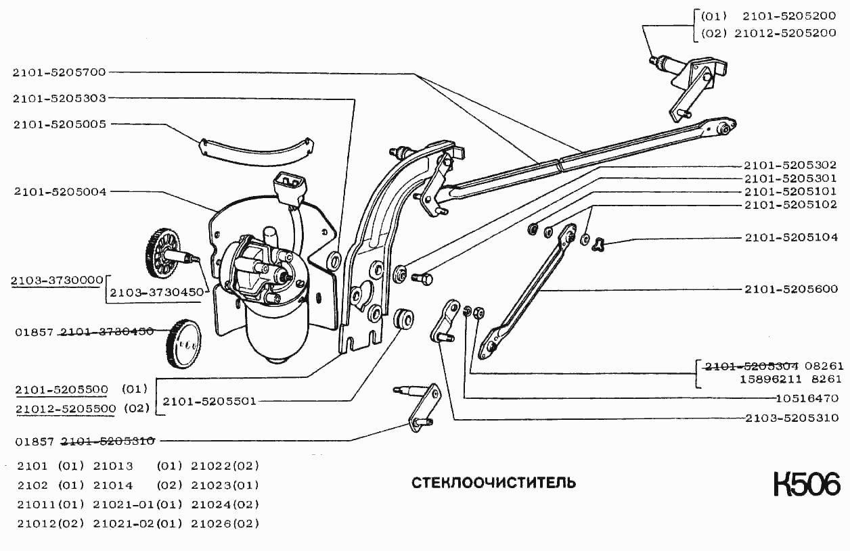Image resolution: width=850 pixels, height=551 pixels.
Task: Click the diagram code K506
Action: (x=806, y=485)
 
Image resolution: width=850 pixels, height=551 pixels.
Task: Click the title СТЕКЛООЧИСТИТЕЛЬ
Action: (x=494, y=483)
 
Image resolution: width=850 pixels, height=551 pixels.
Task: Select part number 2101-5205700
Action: (x=60, y=72)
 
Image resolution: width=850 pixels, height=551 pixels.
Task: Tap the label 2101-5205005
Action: (x=60, y=124)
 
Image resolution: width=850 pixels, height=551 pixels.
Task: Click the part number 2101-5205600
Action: (x=790, y=289)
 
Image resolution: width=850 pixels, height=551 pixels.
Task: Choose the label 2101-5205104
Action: (x=790, y=237)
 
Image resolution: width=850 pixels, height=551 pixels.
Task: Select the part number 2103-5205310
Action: (x=790, y=418)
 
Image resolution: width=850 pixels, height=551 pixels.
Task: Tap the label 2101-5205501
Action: (x=209, y=401)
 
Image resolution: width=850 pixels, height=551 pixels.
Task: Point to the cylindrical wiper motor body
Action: (x=277, y=331)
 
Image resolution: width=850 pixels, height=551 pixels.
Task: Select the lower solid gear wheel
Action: (x=183, y=343)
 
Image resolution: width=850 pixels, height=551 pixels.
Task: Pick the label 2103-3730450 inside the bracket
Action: (x=156, y=293)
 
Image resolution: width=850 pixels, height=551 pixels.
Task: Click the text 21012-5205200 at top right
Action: (x=789, y=33)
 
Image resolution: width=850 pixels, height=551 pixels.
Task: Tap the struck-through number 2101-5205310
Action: (x=108, y=441)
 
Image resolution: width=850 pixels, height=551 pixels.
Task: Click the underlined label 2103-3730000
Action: (x=57, y=279)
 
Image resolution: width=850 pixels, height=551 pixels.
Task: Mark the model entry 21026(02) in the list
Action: (x=225, y=523)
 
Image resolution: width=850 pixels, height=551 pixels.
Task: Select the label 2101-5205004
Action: (x=60, y=192)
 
